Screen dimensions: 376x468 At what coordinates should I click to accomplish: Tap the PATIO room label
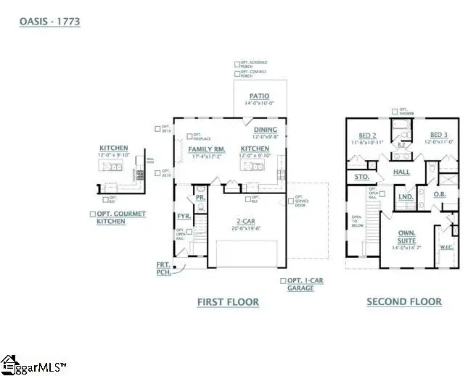[259, 96]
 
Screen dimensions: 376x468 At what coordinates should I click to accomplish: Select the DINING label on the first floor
[264, 130]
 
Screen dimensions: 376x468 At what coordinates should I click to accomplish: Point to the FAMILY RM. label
[207, 149]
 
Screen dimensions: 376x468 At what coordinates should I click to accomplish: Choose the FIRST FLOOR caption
[228, 302]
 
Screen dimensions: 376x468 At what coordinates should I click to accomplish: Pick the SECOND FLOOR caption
[403, 302]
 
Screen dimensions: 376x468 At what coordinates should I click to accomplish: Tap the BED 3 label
[438, 135]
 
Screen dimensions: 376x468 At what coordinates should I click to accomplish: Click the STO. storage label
[362, 176]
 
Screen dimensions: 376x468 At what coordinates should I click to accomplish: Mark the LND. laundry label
[406, 196]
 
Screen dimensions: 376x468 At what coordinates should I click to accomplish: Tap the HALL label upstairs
[402, 172]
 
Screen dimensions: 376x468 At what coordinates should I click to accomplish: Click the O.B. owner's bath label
[439, 193]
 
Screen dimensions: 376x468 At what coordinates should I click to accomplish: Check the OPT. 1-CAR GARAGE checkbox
[283, 280]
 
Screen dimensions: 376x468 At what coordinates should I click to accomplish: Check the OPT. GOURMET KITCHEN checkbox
[92, 214]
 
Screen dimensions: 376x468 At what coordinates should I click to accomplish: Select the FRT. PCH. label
[164, 269]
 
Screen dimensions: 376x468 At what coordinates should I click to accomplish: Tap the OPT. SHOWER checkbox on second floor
[394, 112]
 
